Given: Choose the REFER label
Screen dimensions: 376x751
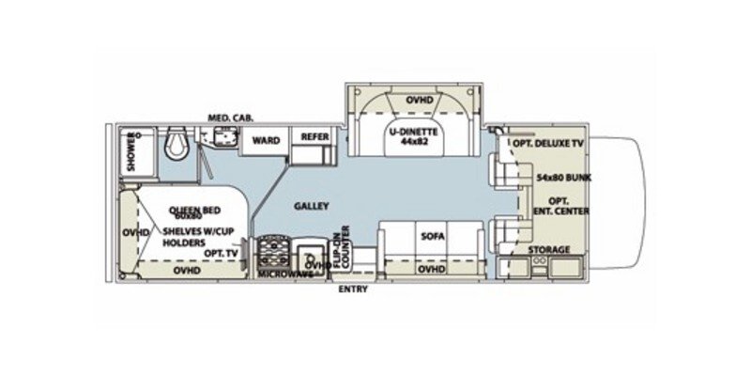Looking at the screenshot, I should tap(313, 136).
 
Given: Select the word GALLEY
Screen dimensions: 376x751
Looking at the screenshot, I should tap(309, 204).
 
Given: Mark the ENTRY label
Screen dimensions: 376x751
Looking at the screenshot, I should tap(353, 289).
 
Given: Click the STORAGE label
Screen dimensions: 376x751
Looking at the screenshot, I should tap(547, 250).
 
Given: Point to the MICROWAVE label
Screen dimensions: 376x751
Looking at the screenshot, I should tap(285, 274).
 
